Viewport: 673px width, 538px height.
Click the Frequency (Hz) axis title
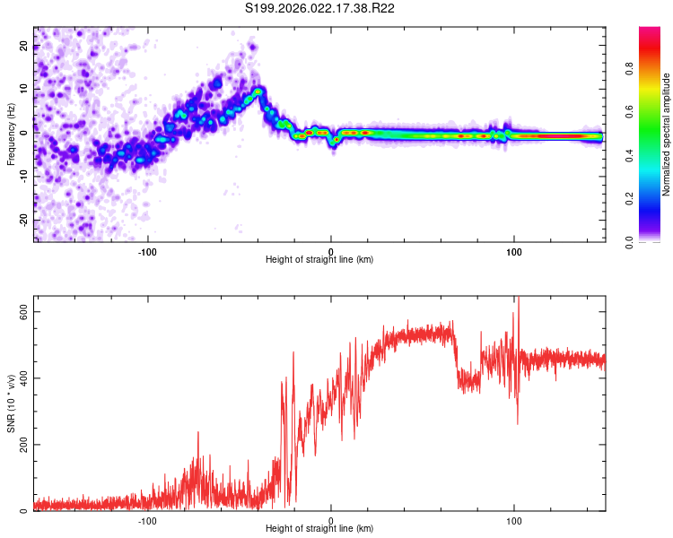(11, 134)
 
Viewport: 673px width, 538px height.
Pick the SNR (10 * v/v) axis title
(11, 408)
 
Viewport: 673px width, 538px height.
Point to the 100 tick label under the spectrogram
(514, 251)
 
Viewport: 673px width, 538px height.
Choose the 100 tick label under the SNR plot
(514, 521)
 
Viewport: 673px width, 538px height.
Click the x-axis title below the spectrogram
(319, 260)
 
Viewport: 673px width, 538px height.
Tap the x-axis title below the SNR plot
(319, 530)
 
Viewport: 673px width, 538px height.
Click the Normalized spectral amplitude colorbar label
(667, 134)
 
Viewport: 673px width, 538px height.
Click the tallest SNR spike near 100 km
(518, 300)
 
